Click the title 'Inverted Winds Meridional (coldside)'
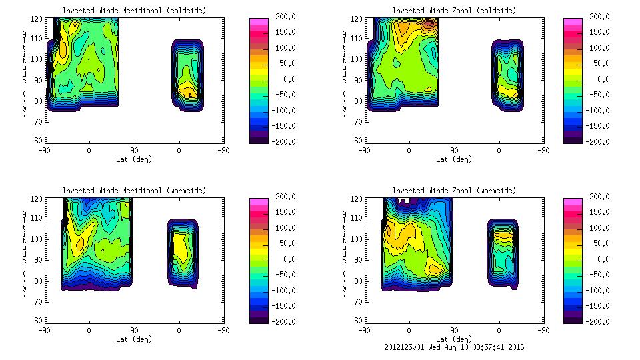click(x=134, y=11)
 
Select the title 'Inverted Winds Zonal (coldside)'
click(x=454, y=11)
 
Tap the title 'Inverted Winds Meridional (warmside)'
click(x=134, y=191)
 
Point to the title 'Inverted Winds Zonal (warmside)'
click(x=454, y=191)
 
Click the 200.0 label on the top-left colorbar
click(x=283, y=17)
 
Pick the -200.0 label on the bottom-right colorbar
click(x=598, y=321)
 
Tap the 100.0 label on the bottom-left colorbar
click(x=283, y=228)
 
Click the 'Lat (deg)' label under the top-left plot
click(x=134, y=159)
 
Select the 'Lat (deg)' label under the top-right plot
click(x=454, y=159)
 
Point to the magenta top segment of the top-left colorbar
click(x=259, y=21)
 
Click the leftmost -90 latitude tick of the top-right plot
click(x=364, y=150)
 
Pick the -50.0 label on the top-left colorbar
click(x=283, y=95)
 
